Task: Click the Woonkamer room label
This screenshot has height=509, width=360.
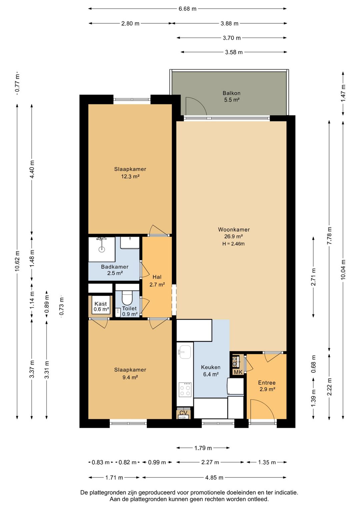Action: pos(234,229)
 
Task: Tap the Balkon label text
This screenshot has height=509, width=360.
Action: pos(231,93)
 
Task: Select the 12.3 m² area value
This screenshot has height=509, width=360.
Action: pos(130,176)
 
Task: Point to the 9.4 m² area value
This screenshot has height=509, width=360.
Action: pos(130,377)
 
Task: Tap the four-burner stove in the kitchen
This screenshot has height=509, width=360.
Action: pos(185,390)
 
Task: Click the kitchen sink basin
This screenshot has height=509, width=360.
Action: pos(185,352)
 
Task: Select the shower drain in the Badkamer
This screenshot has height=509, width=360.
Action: pos(102,249)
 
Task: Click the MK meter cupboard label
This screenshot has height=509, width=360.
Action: pos(238,372)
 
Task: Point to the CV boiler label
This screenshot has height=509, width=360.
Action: pos(184,412)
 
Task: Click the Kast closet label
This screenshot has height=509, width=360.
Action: pos(101,304)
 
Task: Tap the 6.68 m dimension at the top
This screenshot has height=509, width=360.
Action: pos(187,9)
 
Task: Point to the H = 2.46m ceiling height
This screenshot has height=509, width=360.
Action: pos(233,244)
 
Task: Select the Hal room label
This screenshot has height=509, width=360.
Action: pos(157,277)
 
